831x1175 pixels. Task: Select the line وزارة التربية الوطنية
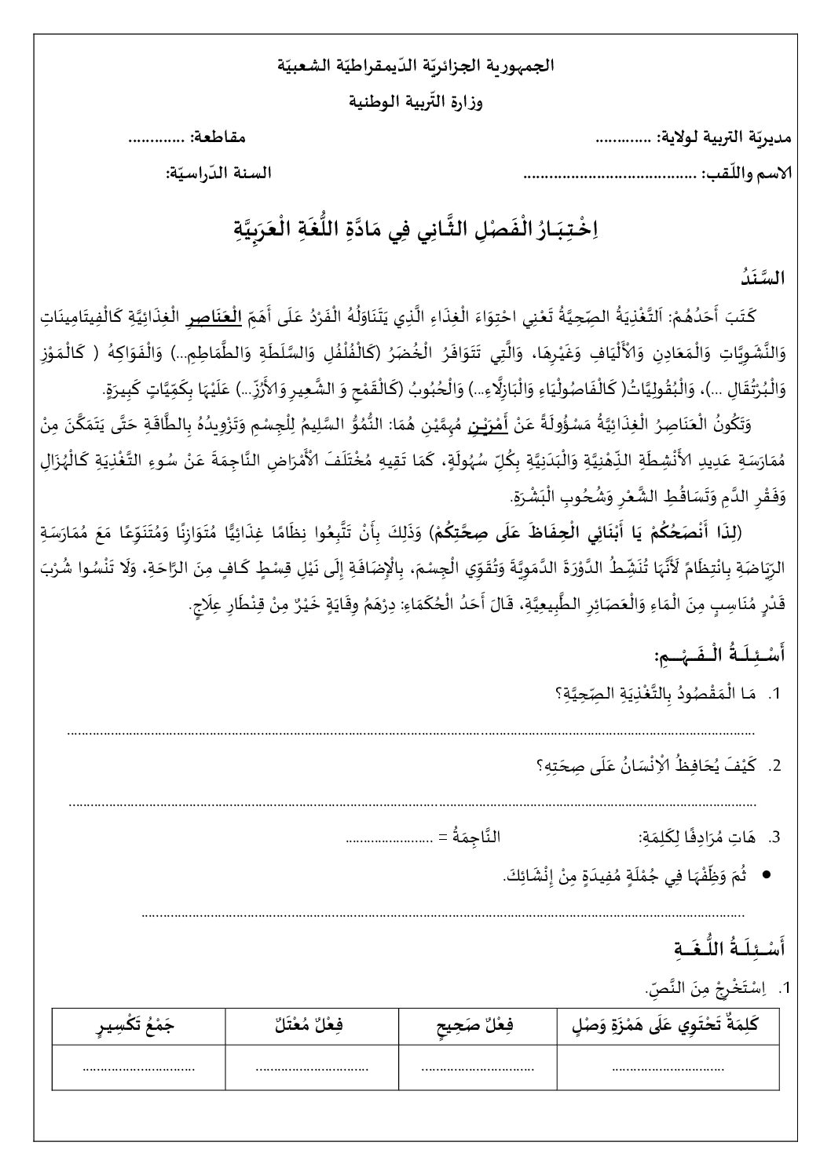pyautogui.click(x=416, y=102)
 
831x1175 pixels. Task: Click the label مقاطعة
pyautogui.click(x=218, y=138)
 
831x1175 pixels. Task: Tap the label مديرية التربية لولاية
pyautogui.click(x=724, y=138)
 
